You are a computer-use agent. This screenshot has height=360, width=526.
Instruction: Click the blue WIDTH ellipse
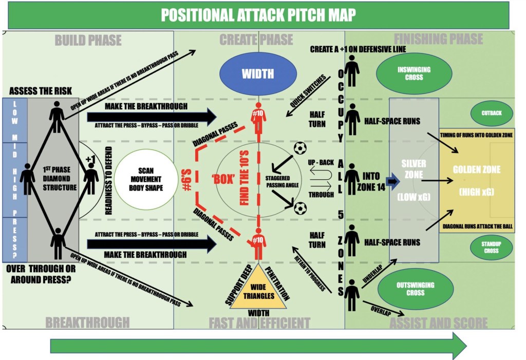coord(258,73)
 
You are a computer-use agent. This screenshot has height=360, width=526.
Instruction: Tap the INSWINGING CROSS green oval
coord(414,73)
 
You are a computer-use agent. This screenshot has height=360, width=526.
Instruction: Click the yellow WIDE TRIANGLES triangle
coord(257,288)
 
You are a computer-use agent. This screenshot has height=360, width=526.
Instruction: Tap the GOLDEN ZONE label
coord(476,169)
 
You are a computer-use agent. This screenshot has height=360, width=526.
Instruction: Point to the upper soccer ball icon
coord(300,148)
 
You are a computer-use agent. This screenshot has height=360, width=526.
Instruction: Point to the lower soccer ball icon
coord(300,207)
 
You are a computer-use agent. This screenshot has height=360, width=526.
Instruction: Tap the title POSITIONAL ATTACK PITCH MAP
coord(258,15)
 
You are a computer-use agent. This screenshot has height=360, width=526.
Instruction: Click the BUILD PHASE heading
coord(88,40)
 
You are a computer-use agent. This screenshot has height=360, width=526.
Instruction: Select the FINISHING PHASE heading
coord(438,39)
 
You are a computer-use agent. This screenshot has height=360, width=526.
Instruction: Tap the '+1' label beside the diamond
coord(91,159)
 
